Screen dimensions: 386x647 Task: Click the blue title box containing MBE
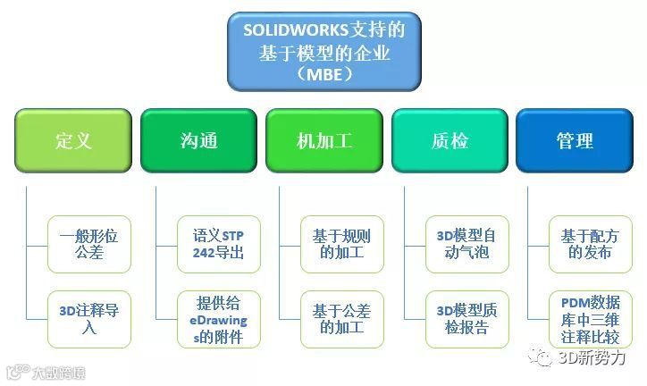tap(323, 52)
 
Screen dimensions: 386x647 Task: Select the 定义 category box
tap(73, 141)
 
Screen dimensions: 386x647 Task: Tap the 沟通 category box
tap(198, 141)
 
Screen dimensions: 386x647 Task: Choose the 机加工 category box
tap(323, 141)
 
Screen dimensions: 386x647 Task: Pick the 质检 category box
tap(450, 141)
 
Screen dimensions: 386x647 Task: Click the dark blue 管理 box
tap(575, 141)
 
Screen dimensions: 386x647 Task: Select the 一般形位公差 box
tap(89, 244)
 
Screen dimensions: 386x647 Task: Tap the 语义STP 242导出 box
tap(218, 244)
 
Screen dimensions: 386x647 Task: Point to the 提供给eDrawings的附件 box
tap(218, 319)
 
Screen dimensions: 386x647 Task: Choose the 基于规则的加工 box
tap(341, 244)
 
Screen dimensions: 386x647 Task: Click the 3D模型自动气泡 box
tap(466, 244)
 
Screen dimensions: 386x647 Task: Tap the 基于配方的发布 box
tap(591, 244)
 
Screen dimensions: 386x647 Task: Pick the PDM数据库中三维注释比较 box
tap(591, 319)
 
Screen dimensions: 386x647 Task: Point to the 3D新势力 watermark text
tap(592, 357)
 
